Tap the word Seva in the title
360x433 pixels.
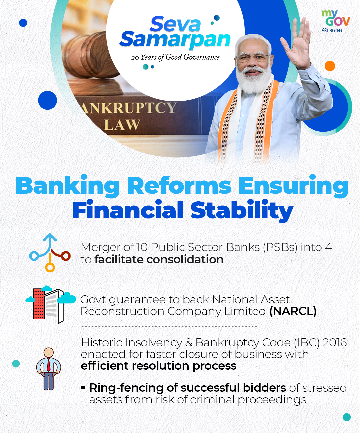(175, 24)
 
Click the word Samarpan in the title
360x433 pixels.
(175, 40)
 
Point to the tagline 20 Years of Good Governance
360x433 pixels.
(175, 57)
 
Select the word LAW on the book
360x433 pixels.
(122, 125)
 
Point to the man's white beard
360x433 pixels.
(254, 79)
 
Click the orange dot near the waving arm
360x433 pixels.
(330, 66)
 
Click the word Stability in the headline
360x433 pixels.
(242, 210)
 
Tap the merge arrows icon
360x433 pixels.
(50, 252)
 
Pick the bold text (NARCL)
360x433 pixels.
(293, 311)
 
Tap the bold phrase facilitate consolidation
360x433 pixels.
(159, 260)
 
